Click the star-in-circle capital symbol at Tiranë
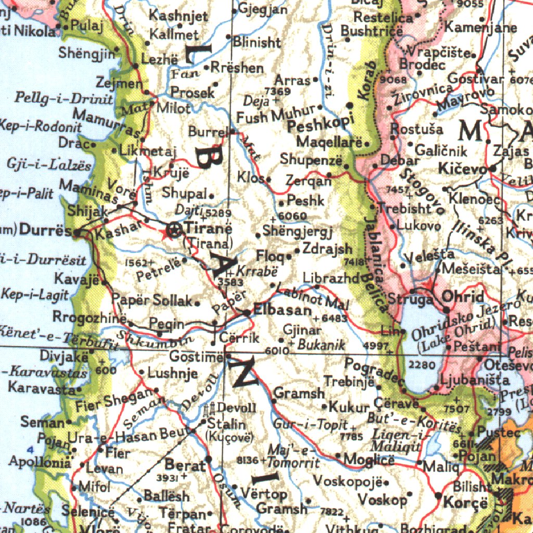pos(175,230)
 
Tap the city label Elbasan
pos(283,310)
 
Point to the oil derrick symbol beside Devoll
pos(211,409)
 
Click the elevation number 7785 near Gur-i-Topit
pos(351,437)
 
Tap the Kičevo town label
pos(462,169)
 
